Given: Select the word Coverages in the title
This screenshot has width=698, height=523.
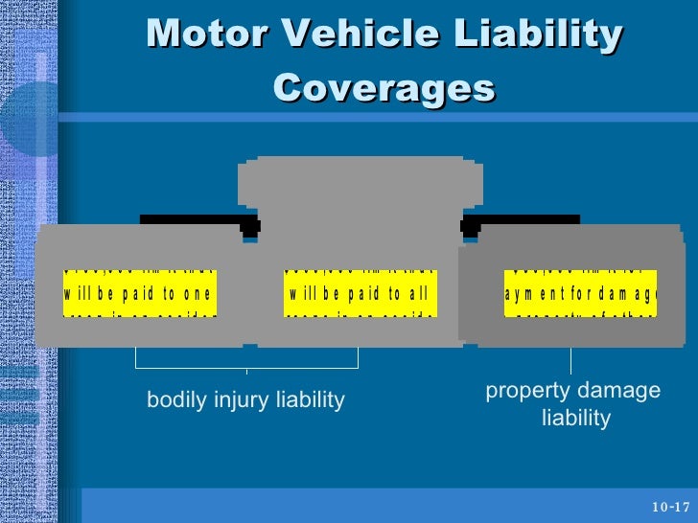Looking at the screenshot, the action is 384,88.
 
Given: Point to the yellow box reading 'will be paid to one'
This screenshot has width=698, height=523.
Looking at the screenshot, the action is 140,292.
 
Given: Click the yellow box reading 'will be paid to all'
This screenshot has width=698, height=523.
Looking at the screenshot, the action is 361,292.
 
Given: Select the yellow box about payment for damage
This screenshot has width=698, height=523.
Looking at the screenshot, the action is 580,292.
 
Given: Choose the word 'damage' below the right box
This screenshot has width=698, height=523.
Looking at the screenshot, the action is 618,392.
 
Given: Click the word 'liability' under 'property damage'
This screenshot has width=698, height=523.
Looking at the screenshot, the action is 575,419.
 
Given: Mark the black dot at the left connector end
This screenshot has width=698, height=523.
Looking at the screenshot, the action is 250,228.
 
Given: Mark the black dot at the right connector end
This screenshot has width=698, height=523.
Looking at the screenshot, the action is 470,228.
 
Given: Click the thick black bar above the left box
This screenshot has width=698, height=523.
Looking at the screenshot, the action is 192,219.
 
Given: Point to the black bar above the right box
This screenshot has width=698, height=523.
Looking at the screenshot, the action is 527,219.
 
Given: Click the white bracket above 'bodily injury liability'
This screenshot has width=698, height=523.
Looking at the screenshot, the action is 246,365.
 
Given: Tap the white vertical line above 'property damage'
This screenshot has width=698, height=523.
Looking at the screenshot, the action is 571,360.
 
